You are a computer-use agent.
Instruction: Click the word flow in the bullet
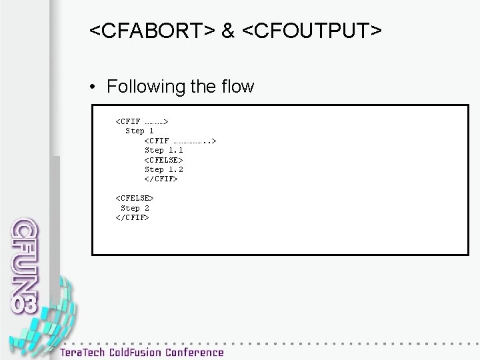coord(237,87)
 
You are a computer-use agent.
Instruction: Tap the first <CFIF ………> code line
coord(142,121)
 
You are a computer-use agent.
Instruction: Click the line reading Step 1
coord(140,131)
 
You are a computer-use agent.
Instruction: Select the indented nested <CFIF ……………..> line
coord(180,141)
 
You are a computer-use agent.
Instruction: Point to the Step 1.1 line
coord(163,150)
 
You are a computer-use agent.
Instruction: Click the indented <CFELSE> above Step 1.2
coord(163,160)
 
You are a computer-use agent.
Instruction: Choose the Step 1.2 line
coord(163,169)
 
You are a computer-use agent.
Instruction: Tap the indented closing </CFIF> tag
coord(161,179)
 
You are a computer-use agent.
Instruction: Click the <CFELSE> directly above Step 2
coord(135,198)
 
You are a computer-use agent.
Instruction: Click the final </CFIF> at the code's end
coord(133,217)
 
